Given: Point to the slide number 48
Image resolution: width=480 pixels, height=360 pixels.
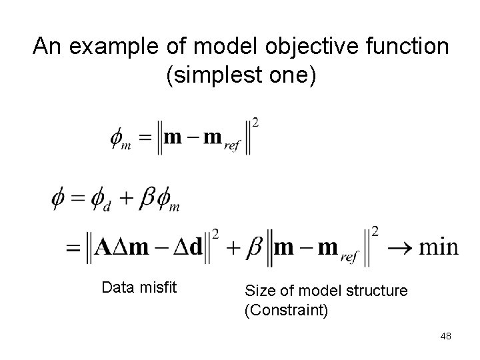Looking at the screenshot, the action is click(x=445, y=336).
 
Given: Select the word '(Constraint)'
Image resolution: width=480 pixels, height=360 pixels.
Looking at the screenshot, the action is click(x=287, y=310).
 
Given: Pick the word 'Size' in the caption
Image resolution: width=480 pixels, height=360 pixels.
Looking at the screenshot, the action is click(x=257, y=291).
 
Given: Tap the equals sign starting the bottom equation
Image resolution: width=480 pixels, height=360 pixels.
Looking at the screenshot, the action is click(x=71, y=248).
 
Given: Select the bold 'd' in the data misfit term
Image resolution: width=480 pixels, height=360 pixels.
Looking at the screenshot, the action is click(x=195, y=247).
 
